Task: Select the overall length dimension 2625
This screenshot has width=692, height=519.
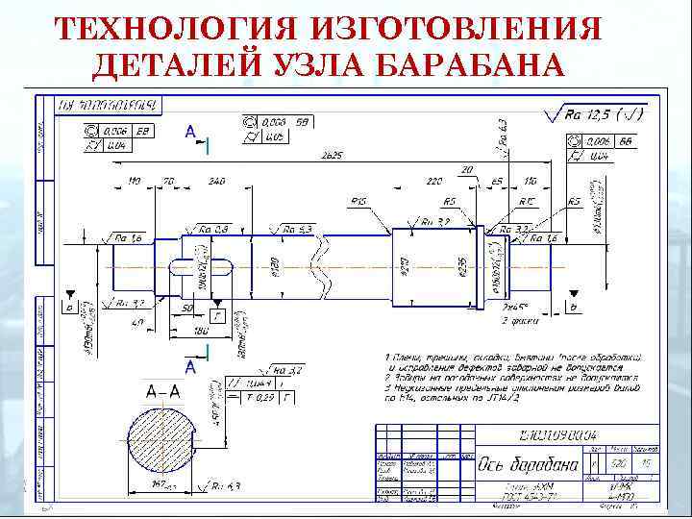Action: coord(332,156)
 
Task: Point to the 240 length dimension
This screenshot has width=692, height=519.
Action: coord(216,181)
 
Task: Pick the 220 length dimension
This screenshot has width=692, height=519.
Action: coord(434,181)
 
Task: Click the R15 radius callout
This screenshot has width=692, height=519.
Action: coord(360,202)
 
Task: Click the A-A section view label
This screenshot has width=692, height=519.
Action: coord(161,390)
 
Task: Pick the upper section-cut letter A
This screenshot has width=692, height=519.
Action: coord(190,130)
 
